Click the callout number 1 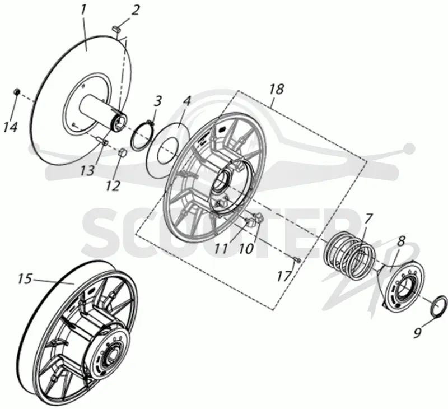point(83,10)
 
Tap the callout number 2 point(135,11)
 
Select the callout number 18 point(277,89)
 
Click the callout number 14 point(11,126)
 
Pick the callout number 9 point(418,332)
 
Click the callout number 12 point(113,187)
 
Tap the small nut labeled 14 point(17,92)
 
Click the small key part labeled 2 point(116,29)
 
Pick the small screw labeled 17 point(297,259)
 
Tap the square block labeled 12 point(123,152)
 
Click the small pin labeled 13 point(103,140)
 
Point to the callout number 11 point(221,248)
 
